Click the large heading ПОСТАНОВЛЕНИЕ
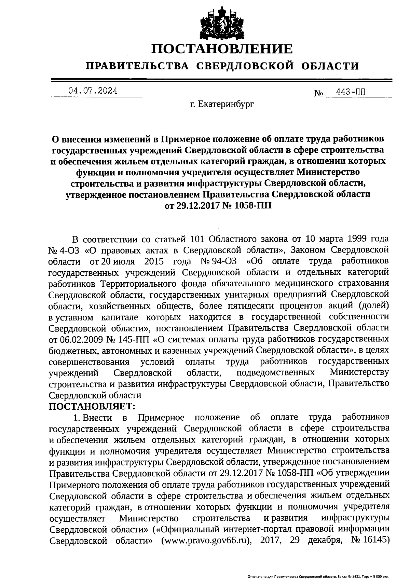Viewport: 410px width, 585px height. pyautogui.click(x=222, y=49)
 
